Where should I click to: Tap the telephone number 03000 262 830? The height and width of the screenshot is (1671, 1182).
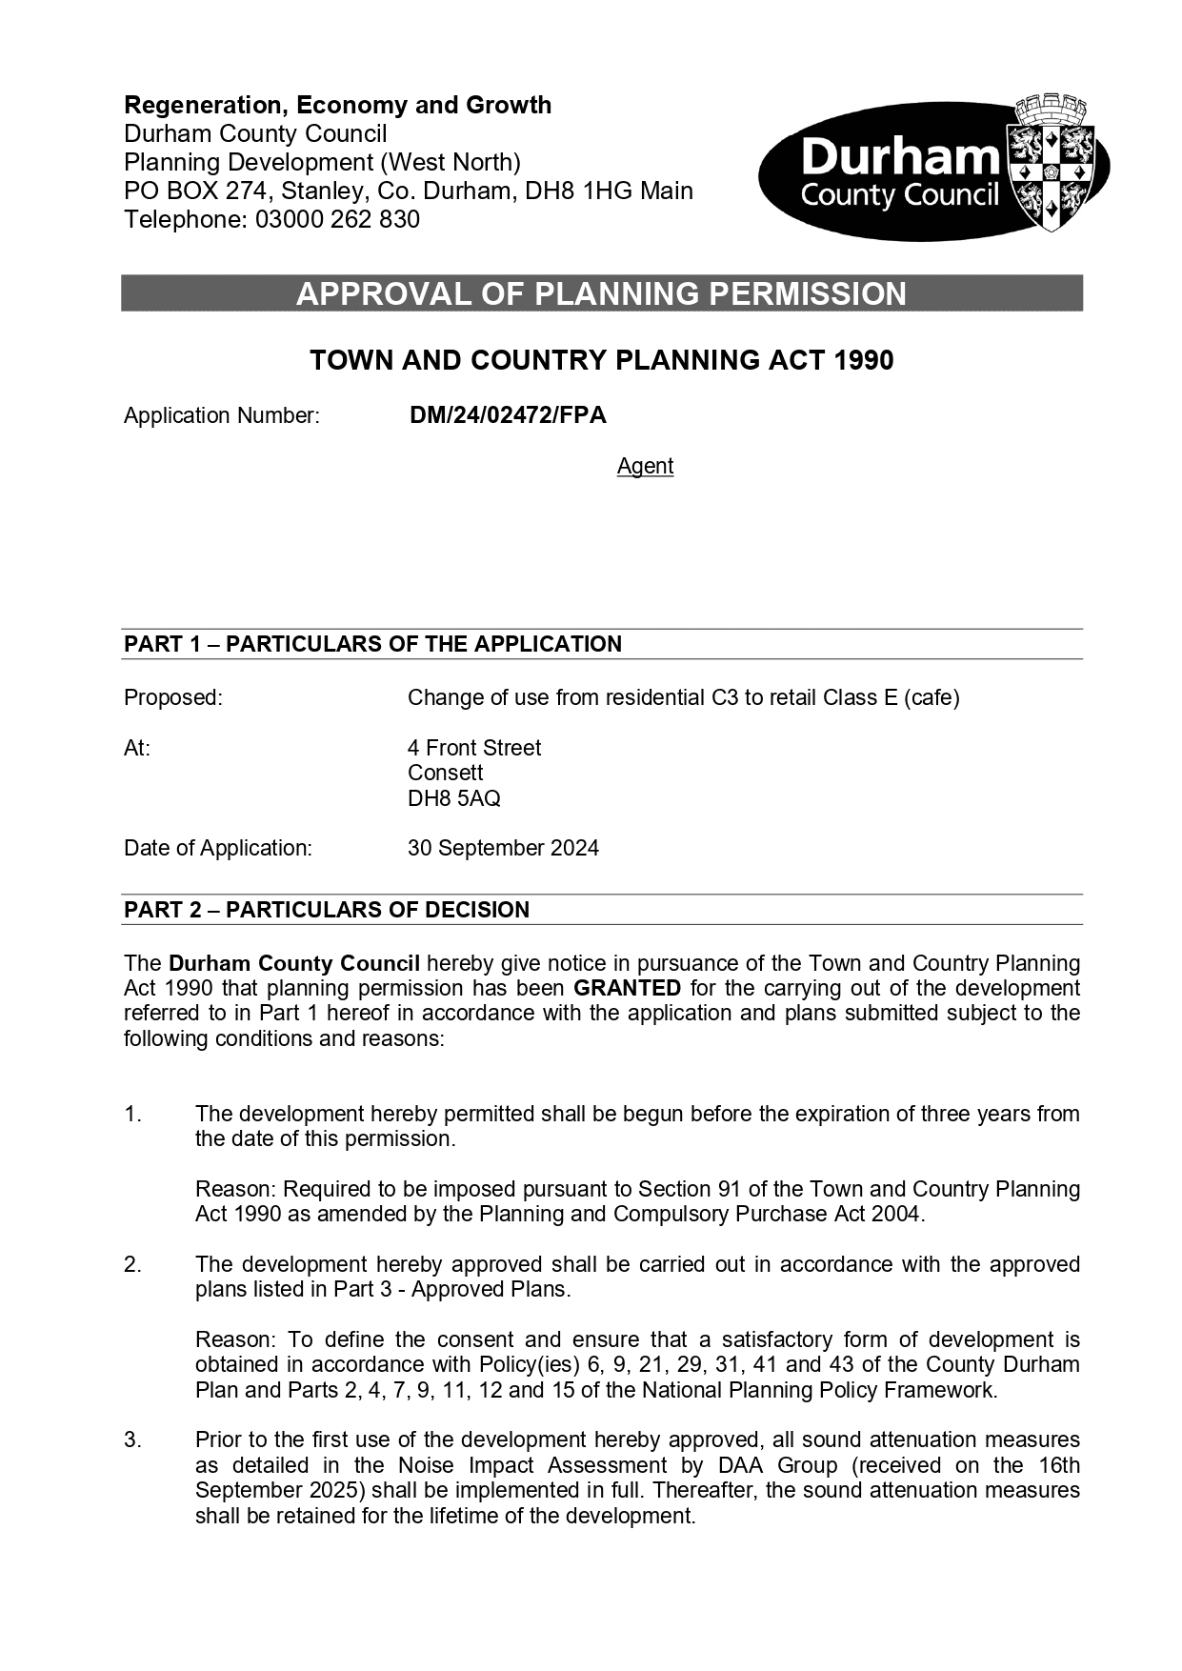click(x=337, y=220)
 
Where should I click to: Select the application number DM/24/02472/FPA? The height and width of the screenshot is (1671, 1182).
click(x=508, y=415)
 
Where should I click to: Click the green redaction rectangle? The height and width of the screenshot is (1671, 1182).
click(x=223, y=525)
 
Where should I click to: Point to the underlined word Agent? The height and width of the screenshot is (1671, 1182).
click(x=645, y=466)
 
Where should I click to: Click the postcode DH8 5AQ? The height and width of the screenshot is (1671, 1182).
click(x=453, y=798)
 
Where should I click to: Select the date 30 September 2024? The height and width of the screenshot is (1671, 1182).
click(x=503, y=848)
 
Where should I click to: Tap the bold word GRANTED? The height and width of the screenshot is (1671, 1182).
click(x=627, y=988)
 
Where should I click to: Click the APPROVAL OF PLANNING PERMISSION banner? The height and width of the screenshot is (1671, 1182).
click(x=601, y=293)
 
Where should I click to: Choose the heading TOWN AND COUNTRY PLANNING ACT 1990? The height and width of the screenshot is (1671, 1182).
click(x=601, y=360)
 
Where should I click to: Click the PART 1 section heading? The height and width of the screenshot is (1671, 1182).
click(x=372, y=644)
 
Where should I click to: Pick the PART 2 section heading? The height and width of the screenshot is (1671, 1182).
click(x=327, y=910)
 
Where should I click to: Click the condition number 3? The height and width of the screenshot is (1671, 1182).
click(x=132, y=1439)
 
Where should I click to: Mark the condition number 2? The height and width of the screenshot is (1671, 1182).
click(x=132, y=1264)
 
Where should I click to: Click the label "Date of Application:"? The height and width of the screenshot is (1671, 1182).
click(x=218, y=848)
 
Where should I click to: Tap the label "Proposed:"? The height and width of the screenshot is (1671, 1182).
click(x=172, y=697)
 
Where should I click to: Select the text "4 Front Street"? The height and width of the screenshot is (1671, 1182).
click(x=474, y=748)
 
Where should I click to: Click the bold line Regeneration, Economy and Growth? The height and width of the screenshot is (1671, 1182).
click(x=338, y=105)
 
